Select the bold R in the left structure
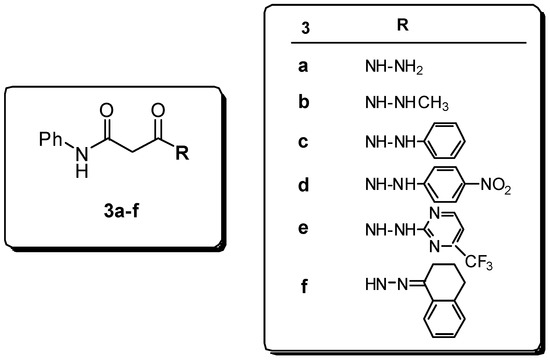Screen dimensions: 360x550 click(181, 155)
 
